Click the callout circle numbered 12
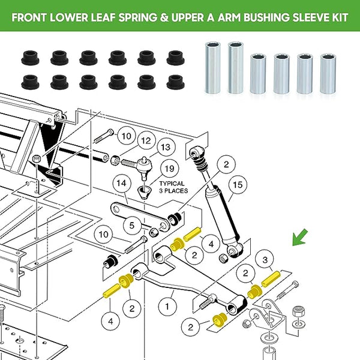145,141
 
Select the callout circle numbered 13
165,147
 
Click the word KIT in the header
335,16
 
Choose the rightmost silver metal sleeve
328,74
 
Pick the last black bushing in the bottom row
175,81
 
